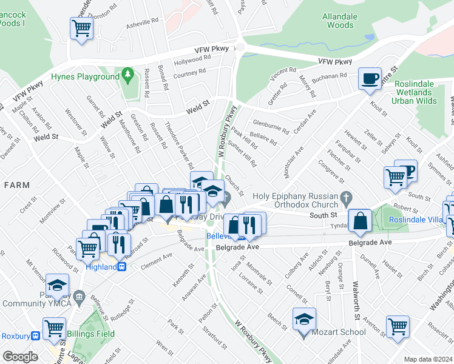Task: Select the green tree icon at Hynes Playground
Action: tap(127, 76)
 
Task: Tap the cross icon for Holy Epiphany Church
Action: tap(346, 197)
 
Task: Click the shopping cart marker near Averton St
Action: tap(398, 326)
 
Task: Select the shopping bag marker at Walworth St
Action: tap(360, 221)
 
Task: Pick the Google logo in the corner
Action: tap(19, 356)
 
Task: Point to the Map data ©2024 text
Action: tap(428, 359)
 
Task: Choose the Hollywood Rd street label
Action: tap(192, 60)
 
